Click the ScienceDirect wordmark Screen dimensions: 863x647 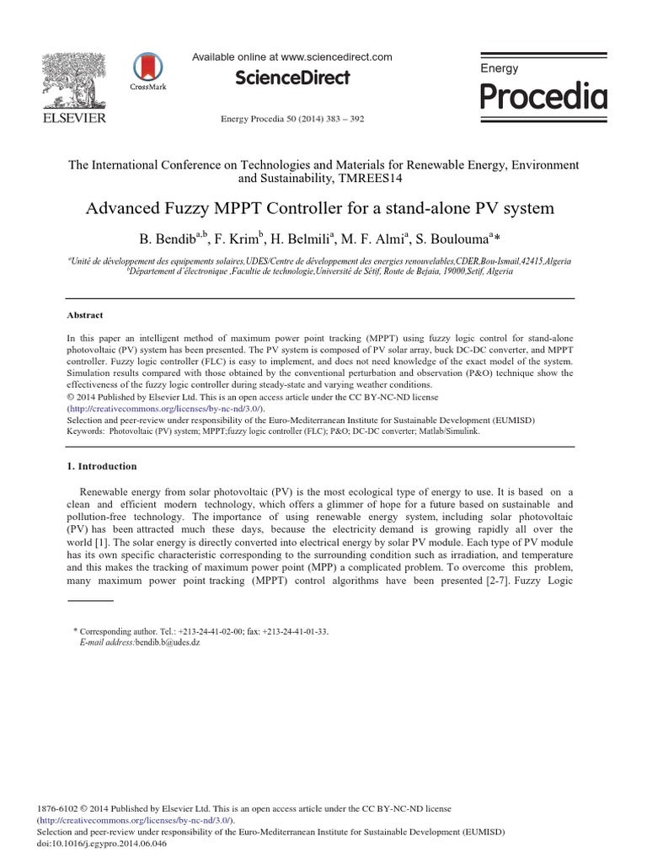292,78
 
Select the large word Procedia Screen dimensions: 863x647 543,98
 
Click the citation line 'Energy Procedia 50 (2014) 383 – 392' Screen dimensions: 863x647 292,119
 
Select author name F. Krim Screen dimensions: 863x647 239,237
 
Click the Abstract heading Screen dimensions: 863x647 84,315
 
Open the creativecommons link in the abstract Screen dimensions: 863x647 166,407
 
